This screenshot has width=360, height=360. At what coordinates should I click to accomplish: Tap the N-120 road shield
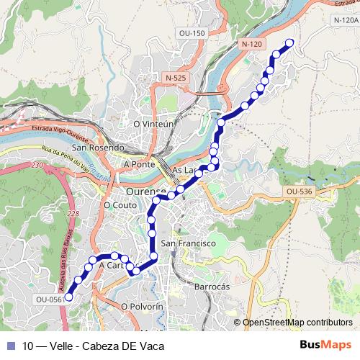(x=251, y=44)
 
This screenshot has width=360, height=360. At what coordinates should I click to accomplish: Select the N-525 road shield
(x=175, y=78)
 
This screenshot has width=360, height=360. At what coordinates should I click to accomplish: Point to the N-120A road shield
(x=346, y=21)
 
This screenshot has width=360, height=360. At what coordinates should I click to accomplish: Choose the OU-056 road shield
(x=49, y=299)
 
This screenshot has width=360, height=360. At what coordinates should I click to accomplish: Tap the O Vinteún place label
(x=154, y=124)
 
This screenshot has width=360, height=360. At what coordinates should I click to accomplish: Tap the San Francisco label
(x=188, y=243)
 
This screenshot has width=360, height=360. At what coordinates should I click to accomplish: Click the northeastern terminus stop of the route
(x=290, y=42)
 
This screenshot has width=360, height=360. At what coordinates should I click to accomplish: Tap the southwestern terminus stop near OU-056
(x=69, y=296)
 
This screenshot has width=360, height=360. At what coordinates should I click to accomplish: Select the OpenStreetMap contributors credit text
(x=297, y=323)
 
